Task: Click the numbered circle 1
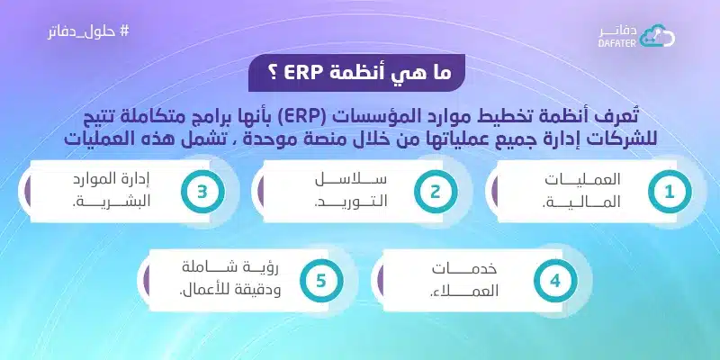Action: [x=669, y=191]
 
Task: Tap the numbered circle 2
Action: [x=435, y=191]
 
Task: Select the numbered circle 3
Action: [x=202, y=191]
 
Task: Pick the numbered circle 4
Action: [x=555, y=279]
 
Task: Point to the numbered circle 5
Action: [x=321, y=279]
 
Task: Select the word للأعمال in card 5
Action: [x=207, y=291]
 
